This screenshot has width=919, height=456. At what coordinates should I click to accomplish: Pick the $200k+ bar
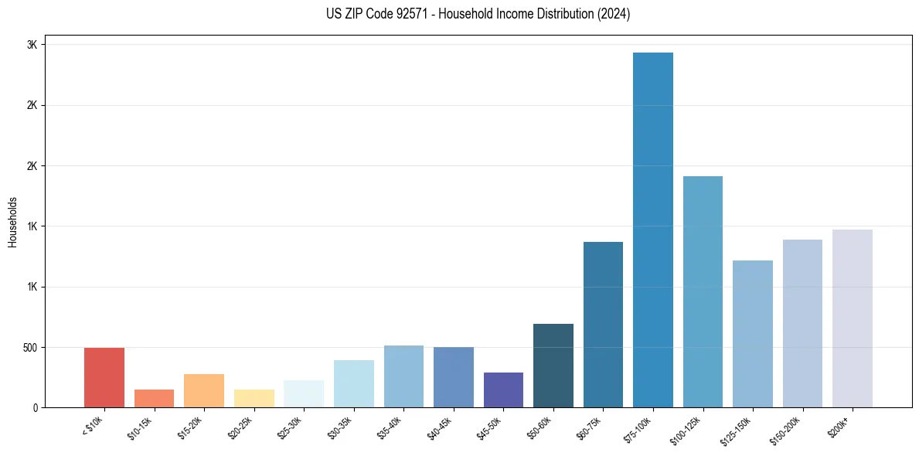pyautogui.click(x=852, y=318)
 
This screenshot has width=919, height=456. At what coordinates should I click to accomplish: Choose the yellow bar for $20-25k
pyautogui.click(x=254, y=398)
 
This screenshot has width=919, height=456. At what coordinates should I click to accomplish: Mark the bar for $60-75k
pyautogui.click(x=603, y=324)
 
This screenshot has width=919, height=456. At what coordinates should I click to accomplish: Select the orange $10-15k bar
pyautogui.click(x=154, y=398)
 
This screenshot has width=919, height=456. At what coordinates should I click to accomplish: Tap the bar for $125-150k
pyautogui.click(x=753, y=333)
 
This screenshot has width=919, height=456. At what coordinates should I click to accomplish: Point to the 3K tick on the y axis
pyautogui.click(x=32, y=45)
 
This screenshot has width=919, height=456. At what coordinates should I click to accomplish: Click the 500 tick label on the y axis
pyautogui.click(x=29, y=348)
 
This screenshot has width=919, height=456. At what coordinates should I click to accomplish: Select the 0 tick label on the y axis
pyautogui.click(x=36, y=408)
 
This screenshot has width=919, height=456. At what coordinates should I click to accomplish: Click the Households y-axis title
pyautogui.click(x=13, y=221)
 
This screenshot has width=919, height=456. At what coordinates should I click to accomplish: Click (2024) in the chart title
pyautogui.click(x=614, y=14)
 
